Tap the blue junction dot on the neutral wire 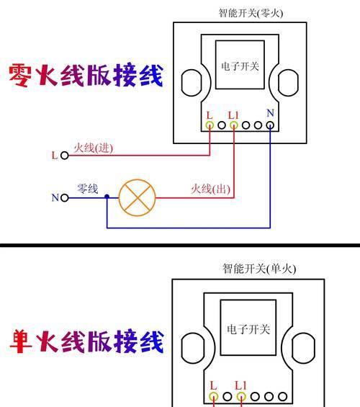tap(107, 197)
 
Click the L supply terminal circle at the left tap(65, 156)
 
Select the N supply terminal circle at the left tap(65, 198)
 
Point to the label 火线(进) tap(94, 148)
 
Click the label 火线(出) tap(211, 189)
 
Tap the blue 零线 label tap(88, 189)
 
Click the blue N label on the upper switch tap(271, 113)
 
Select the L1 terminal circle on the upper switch tap(234, 125)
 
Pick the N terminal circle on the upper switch tap(270, 125)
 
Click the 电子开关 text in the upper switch tap(240, 66)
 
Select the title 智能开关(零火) tap(251, 13)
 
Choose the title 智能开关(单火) tap(259, 269)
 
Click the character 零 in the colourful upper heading tap(20, 75)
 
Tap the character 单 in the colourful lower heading tap(22, 341)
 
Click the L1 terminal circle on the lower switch tap(241, 397)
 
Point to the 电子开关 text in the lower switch tap(248, 329)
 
